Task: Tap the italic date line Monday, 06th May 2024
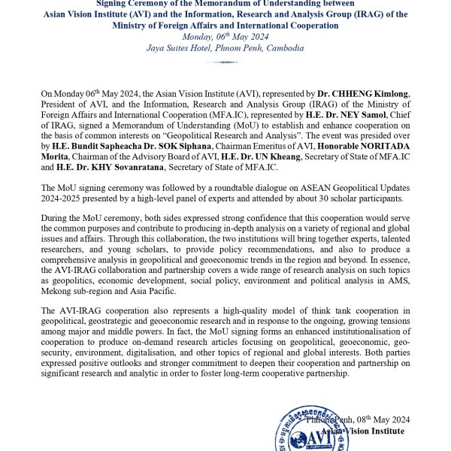point(225,36)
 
